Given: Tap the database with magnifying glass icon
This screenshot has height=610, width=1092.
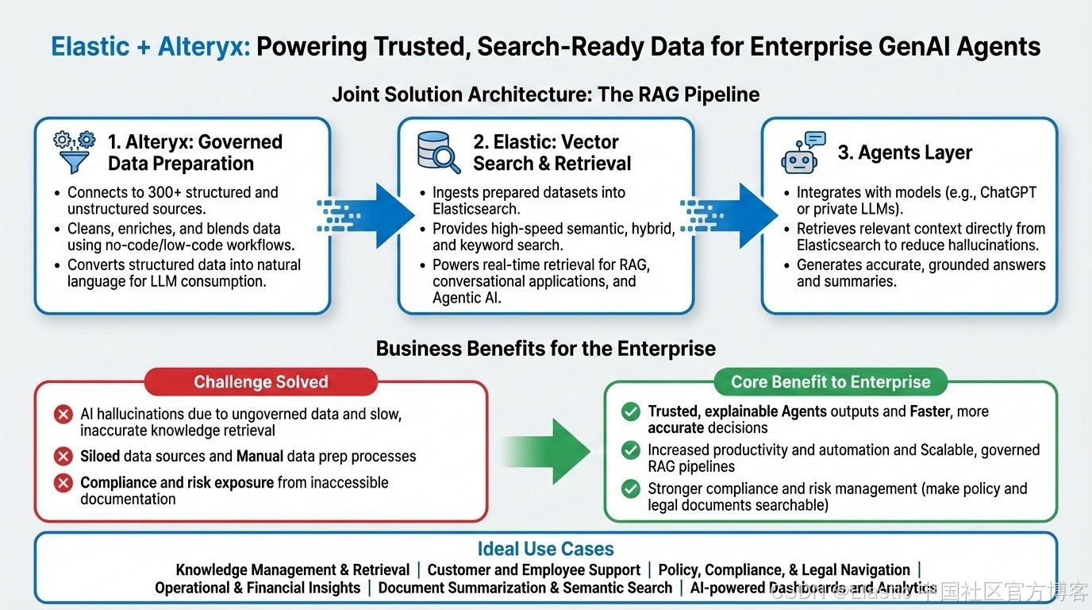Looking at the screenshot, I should [x=438, y=152].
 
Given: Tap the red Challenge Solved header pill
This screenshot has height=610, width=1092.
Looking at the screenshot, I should [x=260, y=382].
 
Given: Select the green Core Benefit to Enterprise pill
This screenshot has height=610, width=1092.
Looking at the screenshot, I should [x=830, y=382].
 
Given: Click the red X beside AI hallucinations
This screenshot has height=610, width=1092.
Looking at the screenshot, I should [x=63, y=415].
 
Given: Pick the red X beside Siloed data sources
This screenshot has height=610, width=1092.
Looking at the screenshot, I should [x=63, y=457].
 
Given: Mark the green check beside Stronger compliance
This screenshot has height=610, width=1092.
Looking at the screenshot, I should [x=631, y=489].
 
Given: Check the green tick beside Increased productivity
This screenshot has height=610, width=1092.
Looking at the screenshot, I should [x=631, y=450].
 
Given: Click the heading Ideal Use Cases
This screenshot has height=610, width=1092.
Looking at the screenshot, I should [x=545, y=549].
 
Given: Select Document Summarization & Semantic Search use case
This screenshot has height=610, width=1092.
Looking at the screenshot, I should [x=525, y=588].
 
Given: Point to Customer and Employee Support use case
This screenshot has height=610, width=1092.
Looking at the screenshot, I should [x=533, y=569].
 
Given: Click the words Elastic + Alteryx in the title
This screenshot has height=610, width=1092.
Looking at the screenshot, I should [x=150, y=46].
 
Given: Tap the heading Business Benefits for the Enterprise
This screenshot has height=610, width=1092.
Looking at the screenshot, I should [x=545, y=348].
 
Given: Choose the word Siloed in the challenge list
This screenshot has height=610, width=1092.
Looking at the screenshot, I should [x=100, y=457].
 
